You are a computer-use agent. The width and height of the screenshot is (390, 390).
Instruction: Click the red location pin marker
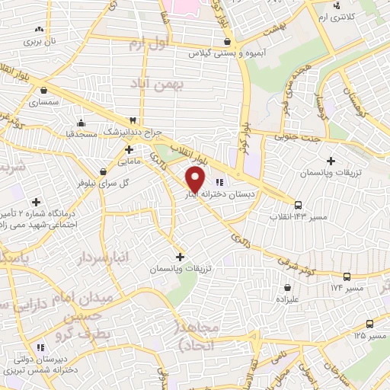196,180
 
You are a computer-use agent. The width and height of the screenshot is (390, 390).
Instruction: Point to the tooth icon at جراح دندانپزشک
133,120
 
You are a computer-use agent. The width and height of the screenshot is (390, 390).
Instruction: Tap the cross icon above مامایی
128,149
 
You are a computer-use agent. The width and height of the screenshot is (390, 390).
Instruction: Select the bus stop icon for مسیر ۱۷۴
347,277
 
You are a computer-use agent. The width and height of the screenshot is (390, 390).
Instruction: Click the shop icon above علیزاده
287,288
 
